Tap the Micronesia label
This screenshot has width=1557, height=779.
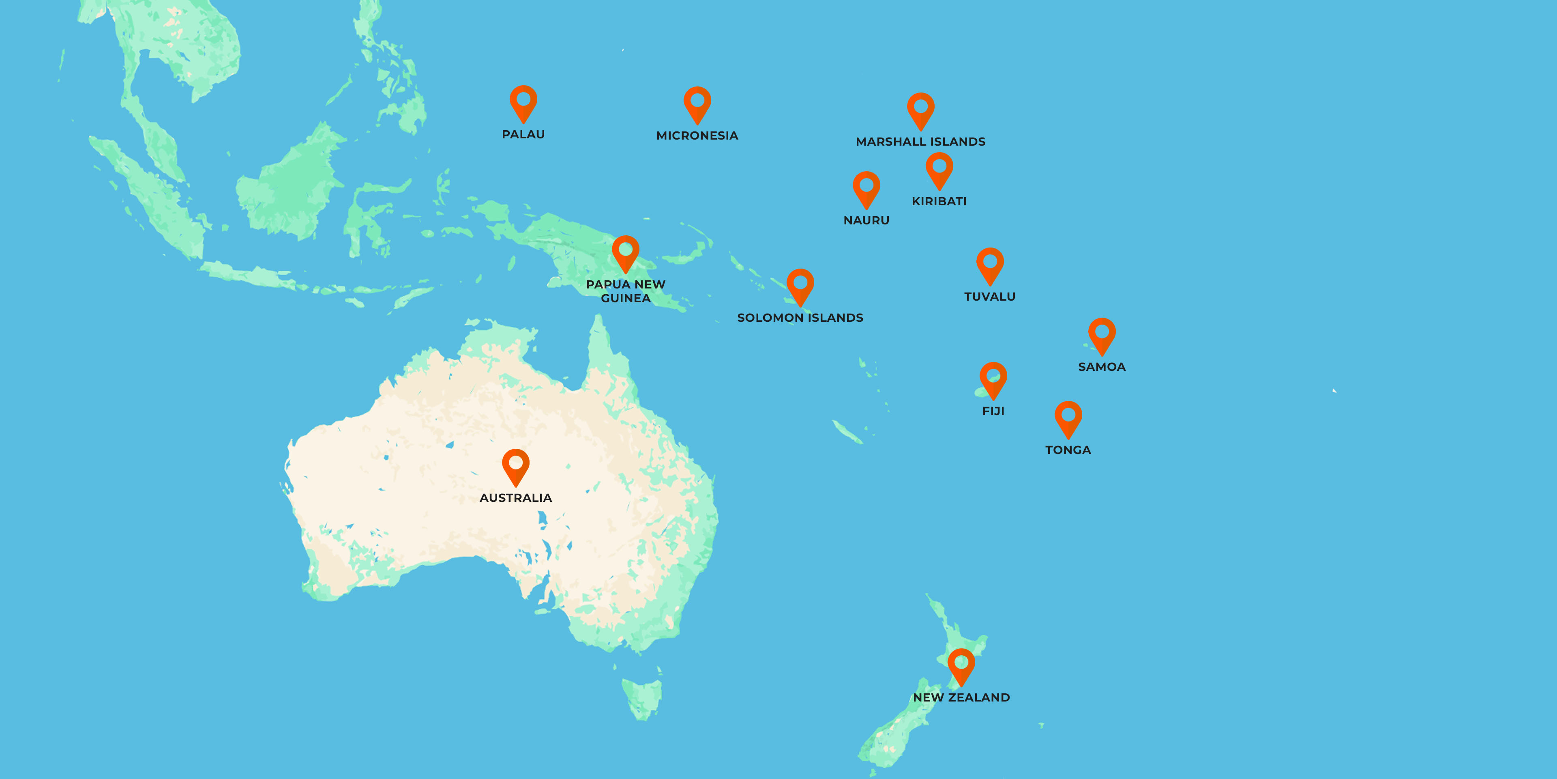pyautogui.click(x=697, y=136)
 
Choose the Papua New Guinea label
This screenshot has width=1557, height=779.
pyautogui.click(x=626, y=291)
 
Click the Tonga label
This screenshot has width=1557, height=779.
pyautogui.click(x=1068, y=450)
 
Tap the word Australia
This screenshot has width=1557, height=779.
pyautogui.click(x=516, y=498)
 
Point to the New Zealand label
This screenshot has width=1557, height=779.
pyautogui.click(x=961, y=697)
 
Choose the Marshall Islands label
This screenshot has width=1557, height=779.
pyautogui.click(x=920, y=142)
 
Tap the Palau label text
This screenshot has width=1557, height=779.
pyautogui.click(x=523, y=134)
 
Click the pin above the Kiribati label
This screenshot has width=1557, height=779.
pyautogui.click(x=939, y=169)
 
